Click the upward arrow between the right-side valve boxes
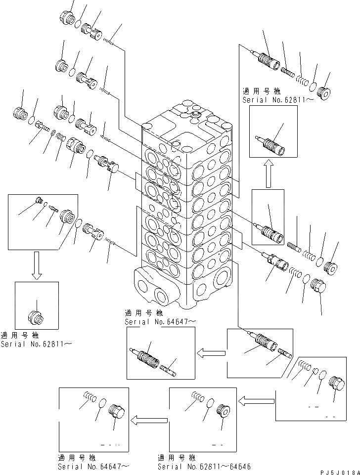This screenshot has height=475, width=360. [x=268, y=174]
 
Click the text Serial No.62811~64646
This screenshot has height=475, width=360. [x=198, y=466]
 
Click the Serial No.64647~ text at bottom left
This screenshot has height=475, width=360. [x=94, y=466]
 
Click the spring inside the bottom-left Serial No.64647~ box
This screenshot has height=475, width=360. [x=90, y=396]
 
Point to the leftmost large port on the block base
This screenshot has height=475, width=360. [x=144, y=287]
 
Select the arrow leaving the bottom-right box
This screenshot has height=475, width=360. [x=257, y=398]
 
